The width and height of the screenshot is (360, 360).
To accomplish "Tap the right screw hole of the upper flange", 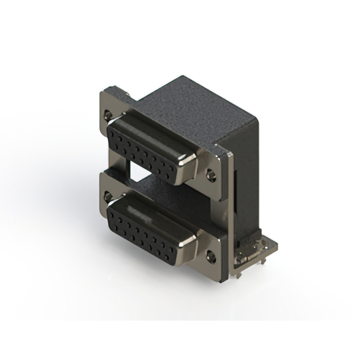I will [x=211, y=175].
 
